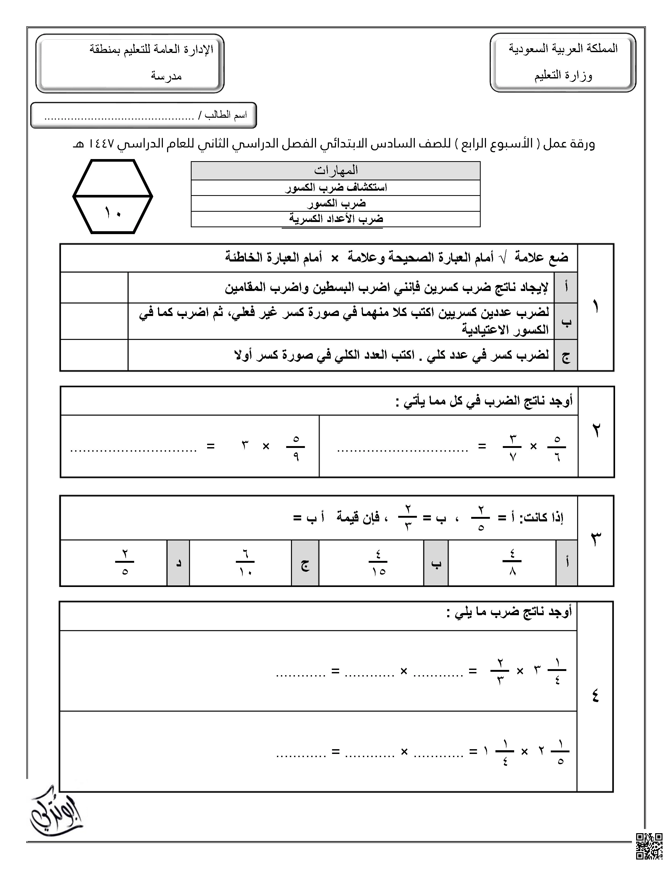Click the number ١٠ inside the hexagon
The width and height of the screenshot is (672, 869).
point(113,213)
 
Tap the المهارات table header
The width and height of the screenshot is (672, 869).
point(335,171)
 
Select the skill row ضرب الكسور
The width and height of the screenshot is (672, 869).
point(335,203)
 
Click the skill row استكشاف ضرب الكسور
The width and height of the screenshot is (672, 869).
point(335,187)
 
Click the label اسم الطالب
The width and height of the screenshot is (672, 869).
point(225,115)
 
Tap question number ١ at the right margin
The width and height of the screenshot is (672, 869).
point(596,307)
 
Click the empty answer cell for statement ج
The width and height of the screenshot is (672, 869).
point(94,355)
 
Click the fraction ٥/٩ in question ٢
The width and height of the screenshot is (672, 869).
point(295,447)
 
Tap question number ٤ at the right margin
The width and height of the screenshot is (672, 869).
point(596,696)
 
